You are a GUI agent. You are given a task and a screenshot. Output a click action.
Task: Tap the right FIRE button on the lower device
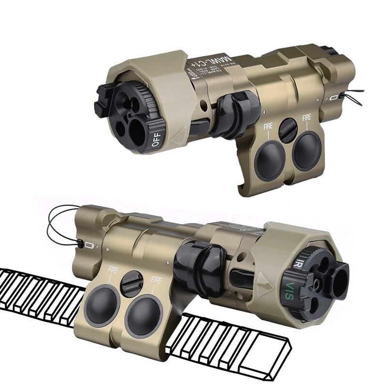click(x=143, y=315)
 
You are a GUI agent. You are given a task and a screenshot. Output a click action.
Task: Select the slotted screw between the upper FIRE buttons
click(x=289, y=130)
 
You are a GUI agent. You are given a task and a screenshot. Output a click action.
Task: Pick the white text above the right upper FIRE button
click(x=307, y=118)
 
